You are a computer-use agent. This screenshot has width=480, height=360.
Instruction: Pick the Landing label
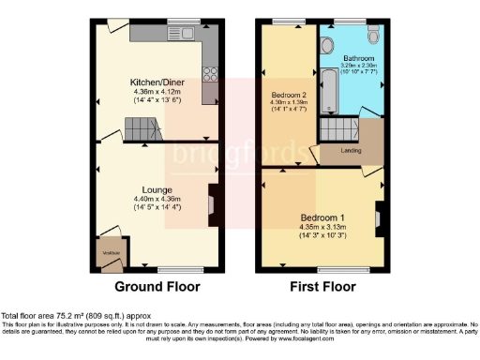click(x=352, y=150)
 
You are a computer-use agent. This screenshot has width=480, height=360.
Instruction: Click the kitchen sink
click(x=178, y=36)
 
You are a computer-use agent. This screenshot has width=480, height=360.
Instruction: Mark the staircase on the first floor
click(x=336, y=129)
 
